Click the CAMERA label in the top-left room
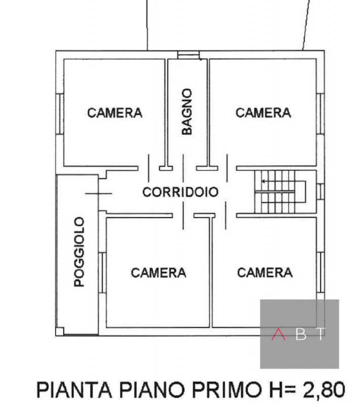click(x=115, y=113)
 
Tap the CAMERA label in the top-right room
click(x=263, y=113)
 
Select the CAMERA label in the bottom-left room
click(x=158, y=273)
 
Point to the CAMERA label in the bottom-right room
click(x=264, y=273)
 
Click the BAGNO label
click(x=187, y=112)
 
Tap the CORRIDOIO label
click(x=180, y=192)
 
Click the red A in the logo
click(x=278, y=334)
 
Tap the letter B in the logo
click(x=300, y=334)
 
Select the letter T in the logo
click(x=321, y=334)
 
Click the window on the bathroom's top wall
click(x=188, y=55)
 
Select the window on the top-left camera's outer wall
click(x=60, y=114)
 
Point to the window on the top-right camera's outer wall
click(x=320, y=114)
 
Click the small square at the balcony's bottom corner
click(x=60, y=331)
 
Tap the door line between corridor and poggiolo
click(x=99, y=193)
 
